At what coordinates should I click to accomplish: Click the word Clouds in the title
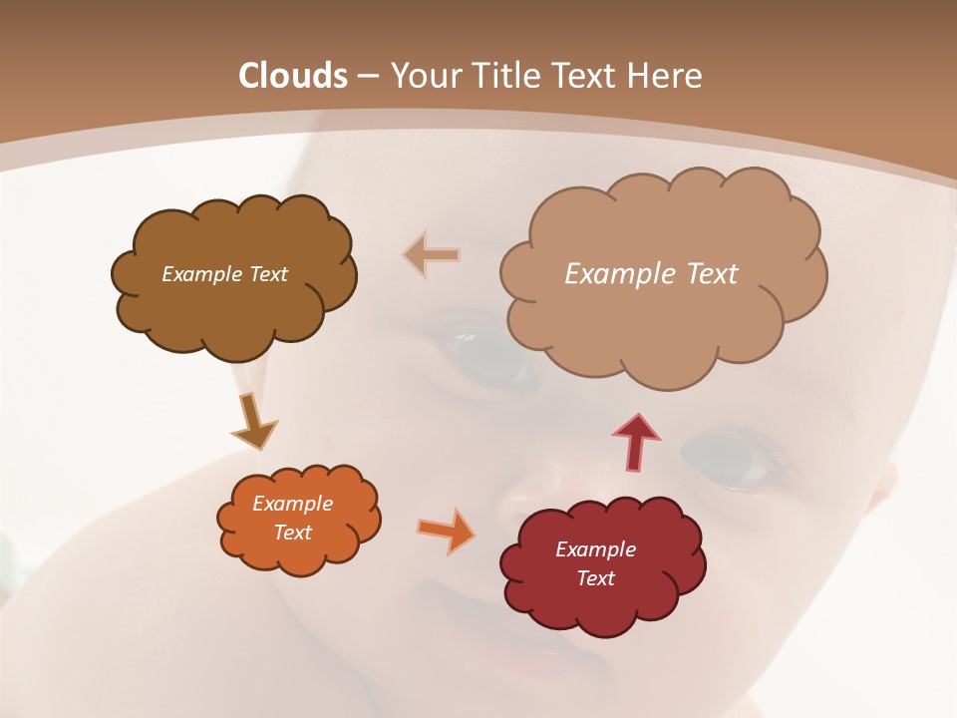293,76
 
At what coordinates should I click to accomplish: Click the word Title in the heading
505,76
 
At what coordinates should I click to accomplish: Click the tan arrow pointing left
432,255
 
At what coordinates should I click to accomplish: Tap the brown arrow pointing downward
253,422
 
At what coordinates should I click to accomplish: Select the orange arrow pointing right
447,531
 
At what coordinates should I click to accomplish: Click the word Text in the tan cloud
713,274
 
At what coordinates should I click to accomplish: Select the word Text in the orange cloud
293,533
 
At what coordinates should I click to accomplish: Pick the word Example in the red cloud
595,549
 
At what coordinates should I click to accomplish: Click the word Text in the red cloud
595,578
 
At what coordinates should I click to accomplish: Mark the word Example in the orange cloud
293,504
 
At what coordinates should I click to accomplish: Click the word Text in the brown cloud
268,274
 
